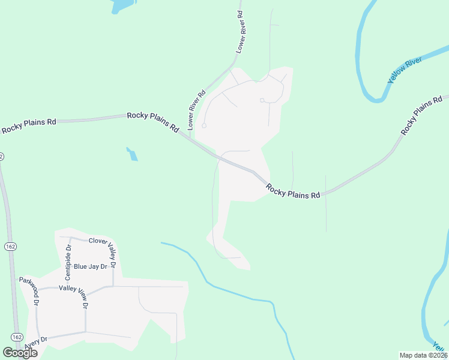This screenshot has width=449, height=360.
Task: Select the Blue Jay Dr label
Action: click(x=90, y=266)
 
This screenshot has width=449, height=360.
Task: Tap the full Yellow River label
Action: click(x=405, y=70)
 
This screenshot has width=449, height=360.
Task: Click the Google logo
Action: click(x=20, y=353)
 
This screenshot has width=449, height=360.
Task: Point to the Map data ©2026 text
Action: click(x=423, y=355)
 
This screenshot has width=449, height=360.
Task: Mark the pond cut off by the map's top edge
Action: click(x=121, y=5)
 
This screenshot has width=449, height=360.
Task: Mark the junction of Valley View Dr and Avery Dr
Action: click(x=85, y=332)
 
